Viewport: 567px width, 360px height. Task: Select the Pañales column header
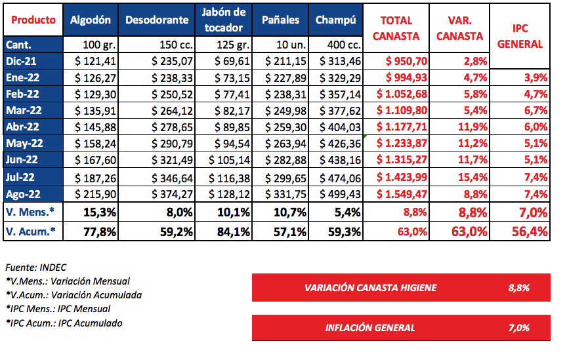pos(280,20)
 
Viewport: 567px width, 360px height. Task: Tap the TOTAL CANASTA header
pos(396,28)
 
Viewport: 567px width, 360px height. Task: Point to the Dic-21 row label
pos(22,61)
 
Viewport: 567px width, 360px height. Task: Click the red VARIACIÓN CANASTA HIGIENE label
pos(370,287)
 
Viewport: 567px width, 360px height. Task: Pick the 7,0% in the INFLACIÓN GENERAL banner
pos(518,327)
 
